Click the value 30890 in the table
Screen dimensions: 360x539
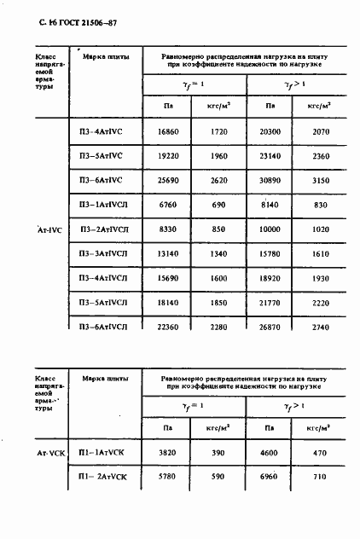coord(270,182)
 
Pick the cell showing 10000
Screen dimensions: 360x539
coord(270,230)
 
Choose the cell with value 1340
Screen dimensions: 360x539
coord(219,255)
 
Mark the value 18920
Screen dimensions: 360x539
coord(270,279)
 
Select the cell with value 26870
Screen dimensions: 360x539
coord(270,327)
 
